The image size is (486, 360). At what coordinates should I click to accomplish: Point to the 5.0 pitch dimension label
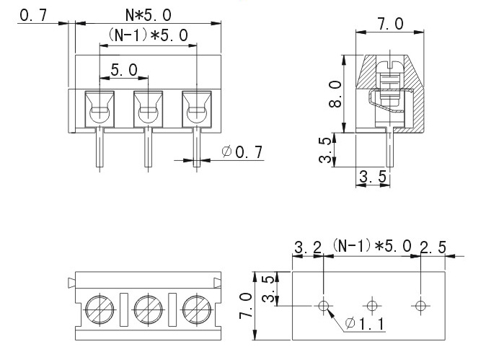[124, 70]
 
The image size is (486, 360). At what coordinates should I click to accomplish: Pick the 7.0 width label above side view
[390, 25]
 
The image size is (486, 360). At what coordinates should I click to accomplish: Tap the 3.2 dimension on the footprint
[308, 248]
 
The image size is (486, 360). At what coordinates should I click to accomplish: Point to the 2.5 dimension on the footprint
[433, 248]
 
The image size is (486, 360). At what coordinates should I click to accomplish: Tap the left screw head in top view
[100, 309]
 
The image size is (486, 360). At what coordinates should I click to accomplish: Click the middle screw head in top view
[148, 309]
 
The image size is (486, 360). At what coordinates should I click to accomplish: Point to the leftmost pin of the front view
[100, 148]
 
